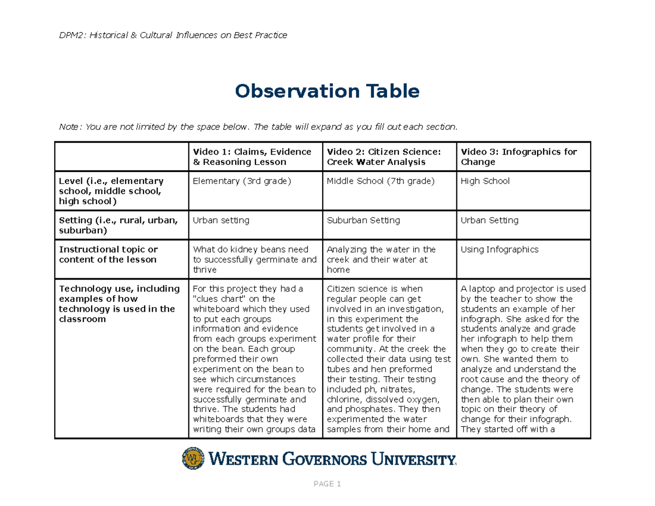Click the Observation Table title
[327, 91]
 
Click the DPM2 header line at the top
[173, 35]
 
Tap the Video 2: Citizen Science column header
[383, 157]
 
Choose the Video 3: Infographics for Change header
[519, 157]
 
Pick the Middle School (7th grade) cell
[380, 181]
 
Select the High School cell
[485, 181]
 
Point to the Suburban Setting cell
[363, 221]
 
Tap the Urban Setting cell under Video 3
[490, 221]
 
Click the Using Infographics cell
[499, 249]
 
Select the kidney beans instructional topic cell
[254, 259]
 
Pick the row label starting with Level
[111, 191]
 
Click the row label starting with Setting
[118, 225]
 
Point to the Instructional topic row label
[108, 254]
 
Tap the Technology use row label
[119, 303]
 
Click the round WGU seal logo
[192, 459]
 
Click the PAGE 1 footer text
[327, 484]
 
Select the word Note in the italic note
[69, 127]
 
